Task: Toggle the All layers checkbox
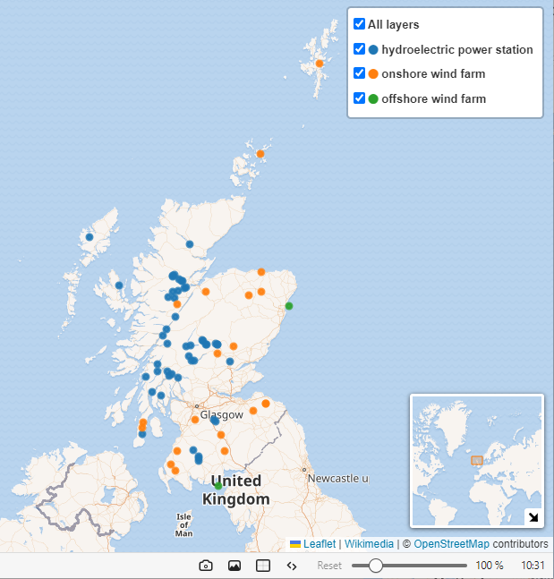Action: click(359, 24)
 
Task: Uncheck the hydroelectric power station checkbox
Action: click(359, 49)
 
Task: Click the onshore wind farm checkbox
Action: click(359, 73)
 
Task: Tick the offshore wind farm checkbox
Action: click(359, 98)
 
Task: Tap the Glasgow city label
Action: click(221, 415)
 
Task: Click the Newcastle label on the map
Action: click(337, 479)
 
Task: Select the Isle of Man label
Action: click(183, 524)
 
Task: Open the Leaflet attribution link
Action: click(319, 543)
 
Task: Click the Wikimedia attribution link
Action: click(369, 543)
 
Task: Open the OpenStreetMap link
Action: click(451, 543)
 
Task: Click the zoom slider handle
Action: click(376, 566)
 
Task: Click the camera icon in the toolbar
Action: click(205, 566)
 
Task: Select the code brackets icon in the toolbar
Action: click(292, 566)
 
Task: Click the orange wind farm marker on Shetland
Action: click(320, 64)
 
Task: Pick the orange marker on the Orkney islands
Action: click(260, 154)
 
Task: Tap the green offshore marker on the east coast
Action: click(288, 306)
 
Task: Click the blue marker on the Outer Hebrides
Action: click(89, 237)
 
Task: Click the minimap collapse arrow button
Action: click(533, 516)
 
